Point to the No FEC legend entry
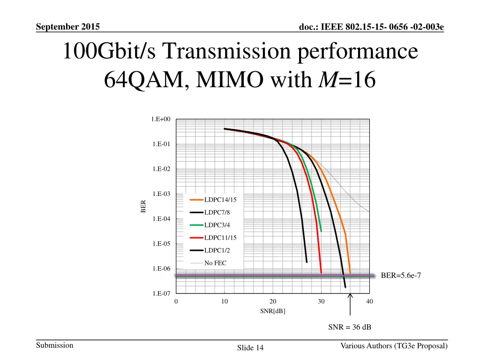[215, 263]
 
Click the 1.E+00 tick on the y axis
[161, 120]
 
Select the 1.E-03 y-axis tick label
[161, 194]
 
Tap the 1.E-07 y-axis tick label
[161, 294]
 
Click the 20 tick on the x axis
[273, 302]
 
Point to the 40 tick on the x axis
[369, 302]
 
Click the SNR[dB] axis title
[273, 311]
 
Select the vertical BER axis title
[144, 206]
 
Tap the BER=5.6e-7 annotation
[401, 276]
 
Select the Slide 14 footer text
[250, 348]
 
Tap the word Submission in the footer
[54, 345]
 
